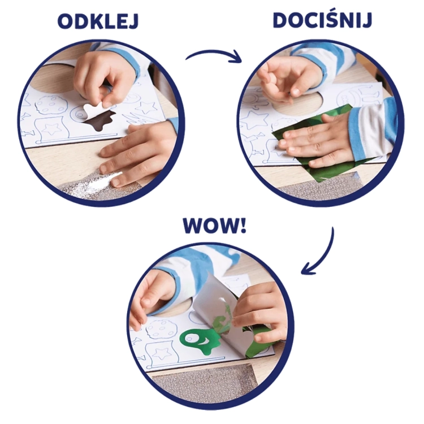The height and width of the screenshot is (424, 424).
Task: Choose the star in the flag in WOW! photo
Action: point(162,354)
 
